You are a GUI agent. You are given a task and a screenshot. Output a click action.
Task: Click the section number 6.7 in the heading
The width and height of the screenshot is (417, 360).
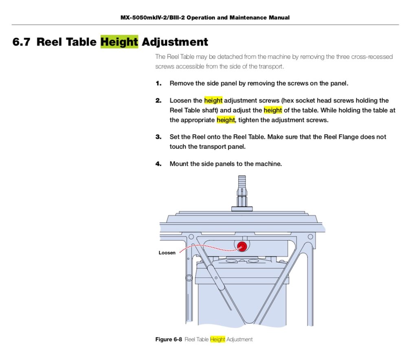pyautogui.click(x=21, y=42)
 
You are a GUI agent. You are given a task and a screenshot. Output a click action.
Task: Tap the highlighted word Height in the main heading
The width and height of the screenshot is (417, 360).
pyautogui.click(x=119, y=42)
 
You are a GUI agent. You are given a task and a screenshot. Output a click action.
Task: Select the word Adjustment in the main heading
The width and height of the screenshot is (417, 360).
pyautogui.click(x=175, y=42)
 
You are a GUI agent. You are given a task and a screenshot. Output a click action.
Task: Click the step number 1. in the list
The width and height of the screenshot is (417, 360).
pyautogui.click(x=158, y=83)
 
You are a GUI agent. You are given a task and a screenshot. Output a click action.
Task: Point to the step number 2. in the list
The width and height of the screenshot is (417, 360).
pyautogui.click(x=158, y=100)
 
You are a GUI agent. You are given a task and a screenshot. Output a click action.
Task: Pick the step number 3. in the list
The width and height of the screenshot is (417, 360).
pyautogui.click(x=158, y=137)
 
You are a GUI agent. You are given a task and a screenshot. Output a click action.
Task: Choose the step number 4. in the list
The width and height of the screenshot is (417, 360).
pyautogui.click(x=158, y=164)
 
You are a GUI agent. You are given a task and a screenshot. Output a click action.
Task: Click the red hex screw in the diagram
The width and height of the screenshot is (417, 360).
pyautogui.click(x=242, y=246)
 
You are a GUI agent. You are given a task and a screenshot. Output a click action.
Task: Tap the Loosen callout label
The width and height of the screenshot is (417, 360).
pyautogui.click(x=167, y=253)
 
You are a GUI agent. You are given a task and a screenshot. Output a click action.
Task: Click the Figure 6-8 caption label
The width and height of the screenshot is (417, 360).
pyautogui.click(x=169, y=339)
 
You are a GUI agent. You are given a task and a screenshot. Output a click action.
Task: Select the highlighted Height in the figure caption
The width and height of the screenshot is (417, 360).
pyautogui.click(x=217, y=339)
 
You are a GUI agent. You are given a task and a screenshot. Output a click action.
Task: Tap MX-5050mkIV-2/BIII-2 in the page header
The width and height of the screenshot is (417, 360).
pyautogui.click(x=152, y=18)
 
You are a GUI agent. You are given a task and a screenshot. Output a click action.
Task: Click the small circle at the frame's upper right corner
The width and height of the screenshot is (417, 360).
pyautogui.click(x=310, y=237)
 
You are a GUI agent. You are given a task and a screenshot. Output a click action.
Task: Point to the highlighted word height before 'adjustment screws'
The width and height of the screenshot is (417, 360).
pyautogui.click(x=213, y=100)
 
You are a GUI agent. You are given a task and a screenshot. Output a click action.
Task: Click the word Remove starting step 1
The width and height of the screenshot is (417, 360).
pyautogui.click(x=182, y=83)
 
